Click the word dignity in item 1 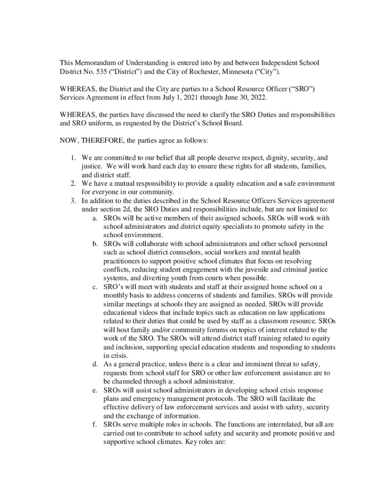click(259, 158)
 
